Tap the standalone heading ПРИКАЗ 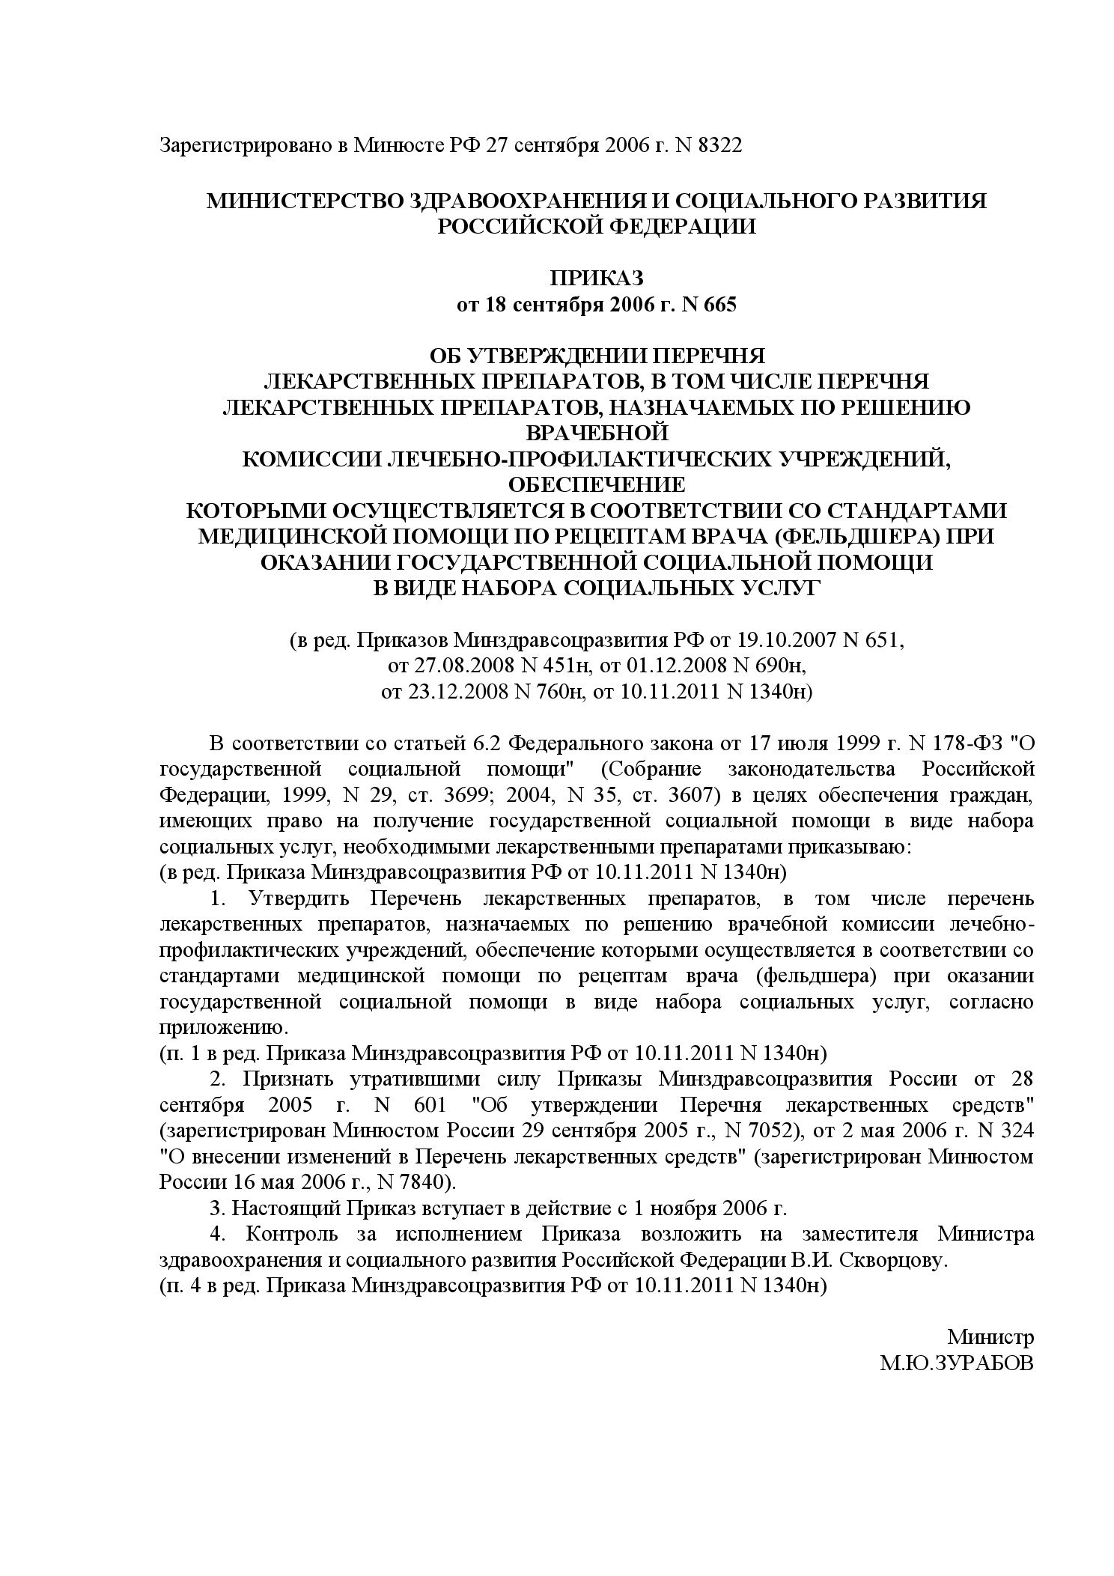click(597, 278)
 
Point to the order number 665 click(719, 305)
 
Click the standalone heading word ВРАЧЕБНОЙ click(597, 433)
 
